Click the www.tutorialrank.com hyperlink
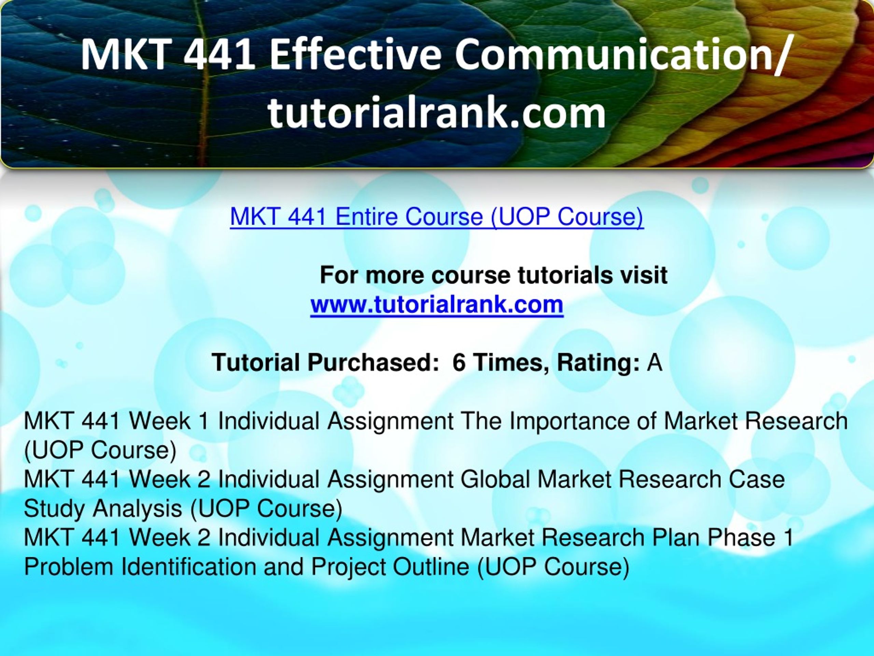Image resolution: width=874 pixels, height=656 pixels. [x=437, y=304]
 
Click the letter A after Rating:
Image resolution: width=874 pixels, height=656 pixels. [x=654, y=362]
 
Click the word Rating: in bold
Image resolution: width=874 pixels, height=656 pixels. [x=598, y=363]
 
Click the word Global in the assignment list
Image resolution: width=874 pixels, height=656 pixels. [x=495, y=479]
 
